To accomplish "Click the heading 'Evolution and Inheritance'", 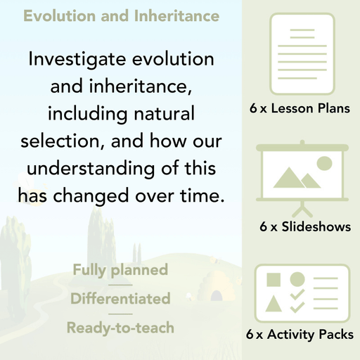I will point(121,15).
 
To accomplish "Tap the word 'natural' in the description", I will point(161,112).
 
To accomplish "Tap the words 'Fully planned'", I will point(120,270).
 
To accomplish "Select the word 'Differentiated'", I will point(120,299).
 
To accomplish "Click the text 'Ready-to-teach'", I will point(120,327).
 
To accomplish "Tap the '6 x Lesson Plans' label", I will point(300,109).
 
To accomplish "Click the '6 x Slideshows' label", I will point(304,226).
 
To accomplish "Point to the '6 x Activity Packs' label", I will point(300,335).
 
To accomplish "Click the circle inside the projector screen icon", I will point(323,164).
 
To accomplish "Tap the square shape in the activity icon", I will point(275,280).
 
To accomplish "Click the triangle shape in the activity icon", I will point(275,304).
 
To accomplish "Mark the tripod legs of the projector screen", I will point(301,210).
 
